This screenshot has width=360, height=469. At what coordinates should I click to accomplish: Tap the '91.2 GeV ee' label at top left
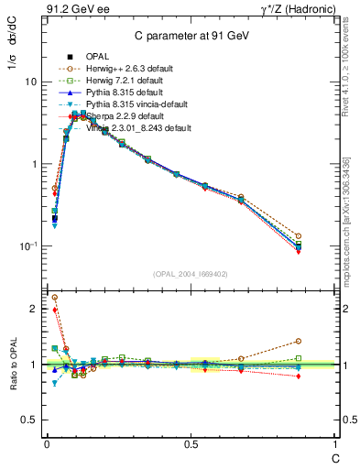pos(76,10)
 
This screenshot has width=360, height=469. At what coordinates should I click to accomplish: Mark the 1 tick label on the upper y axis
pos(34,164)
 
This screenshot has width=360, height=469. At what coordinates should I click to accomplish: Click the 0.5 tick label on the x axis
pos(190,443)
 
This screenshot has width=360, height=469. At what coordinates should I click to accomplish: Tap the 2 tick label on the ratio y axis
pos(34,310)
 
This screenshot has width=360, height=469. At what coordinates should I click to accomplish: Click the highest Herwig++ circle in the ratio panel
pos(54,297)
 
